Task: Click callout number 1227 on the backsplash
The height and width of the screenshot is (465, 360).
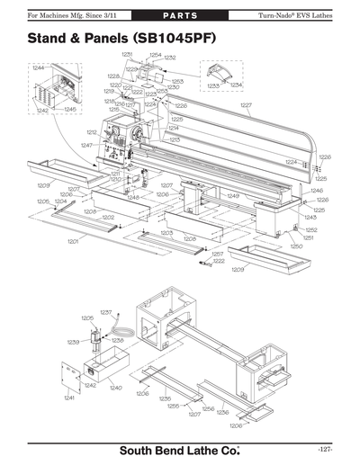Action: [x=247, y=106]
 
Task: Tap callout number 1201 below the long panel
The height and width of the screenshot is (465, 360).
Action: [x=74, y=241]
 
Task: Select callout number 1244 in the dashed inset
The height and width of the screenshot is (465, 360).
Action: [x=38, y=68]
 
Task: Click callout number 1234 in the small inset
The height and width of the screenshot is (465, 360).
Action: [x=237, y=85]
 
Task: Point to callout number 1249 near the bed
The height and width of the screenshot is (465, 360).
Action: [x=232, y=195]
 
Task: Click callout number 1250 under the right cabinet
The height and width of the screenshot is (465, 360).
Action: [x=295, y=246]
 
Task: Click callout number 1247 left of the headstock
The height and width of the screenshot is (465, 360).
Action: [x=87, y=145]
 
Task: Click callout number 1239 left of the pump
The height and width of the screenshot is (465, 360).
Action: [x=73, y=342]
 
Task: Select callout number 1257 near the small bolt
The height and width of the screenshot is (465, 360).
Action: [x=217, y=254]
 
